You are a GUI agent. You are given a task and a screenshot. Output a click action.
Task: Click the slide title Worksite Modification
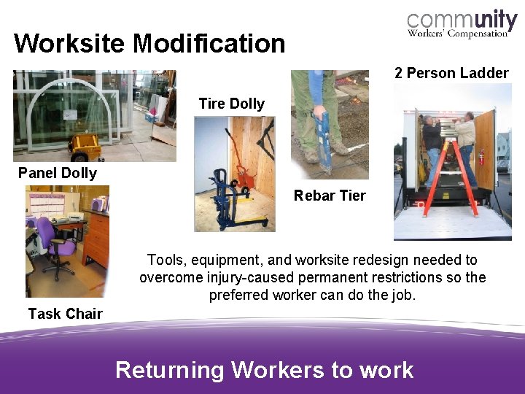tap(149, 44)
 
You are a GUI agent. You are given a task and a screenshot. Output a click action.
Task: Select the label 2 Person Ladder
tap(451, 73)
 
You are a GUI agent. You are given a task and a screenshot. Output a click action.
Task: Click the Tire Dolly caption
tap(231, 104)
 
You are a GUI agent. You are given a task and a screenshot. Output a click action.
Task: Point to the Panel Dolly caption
tap(58, 173)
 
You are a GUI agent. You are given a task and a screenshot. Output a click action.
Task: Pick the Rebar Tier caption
tap(330, 196)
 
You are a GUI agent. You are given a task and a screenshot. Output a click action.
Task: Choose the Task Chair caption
tap(65, 314)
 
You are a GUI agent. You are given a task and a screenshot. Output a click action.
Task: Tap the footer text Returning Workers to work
tap(264, 370)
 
